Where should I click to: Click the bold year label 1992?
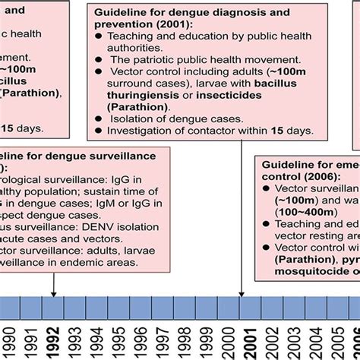click(x=54, y=336)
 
